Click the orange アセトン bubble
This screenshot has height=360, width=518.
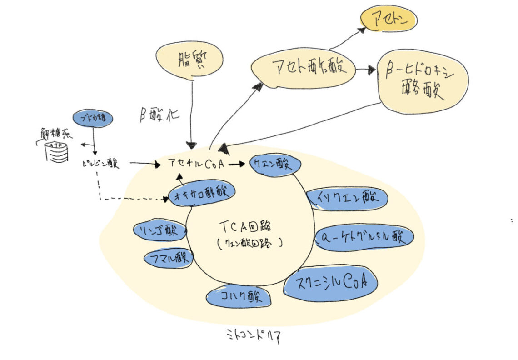coord(388,19)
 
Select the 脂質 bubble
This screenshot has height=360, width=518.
coord(190,61)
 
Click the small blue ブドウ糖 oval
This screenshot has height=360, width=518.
coord(93,118)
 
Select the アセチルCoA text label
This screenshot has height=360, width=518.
coord(196,164)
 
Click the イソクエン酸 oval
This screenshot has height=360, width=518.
coord(347,198)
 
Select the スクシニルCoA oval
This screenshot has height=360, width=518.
coord(330,283)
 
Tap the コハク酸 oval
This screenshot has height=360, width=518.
coord(239,297)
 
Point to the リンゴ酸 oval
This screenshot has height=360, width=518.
coord(159,230)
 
